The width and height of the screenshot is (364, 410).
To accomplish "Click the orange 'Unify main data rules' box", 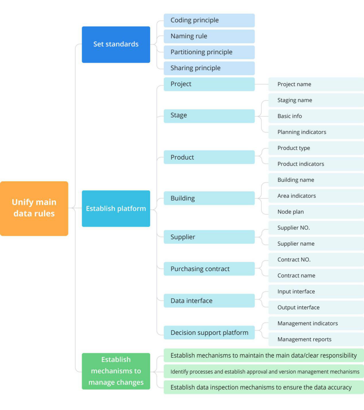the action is point(34,209).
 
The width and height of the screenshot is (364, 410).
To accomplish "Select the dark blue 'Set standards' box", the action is point(116,45).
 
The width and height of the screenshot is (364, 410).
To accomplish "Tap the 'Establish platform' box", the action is point(116,209).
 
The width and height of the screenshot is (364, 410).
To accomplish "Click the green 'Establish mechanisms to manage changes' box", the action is point(116,371).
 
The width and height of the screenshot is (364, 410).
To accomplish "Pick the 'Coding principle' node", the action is point(209,20).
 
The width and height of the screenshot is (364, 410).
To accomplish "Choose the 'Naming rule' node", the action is point(209,37).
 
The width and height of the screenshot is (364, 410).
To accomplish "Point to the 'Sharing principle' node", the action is point(209,68).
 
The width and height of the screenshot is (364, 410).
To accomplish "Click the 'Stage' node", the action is point(209,116).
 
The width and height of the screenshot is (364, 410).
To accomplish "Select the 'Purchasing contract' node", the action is point(209,268).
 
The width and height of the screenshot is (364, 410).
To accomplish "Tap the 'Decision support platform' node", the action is point(209,332).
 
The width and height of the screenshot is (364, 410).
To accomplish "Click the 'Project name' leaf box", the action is point(316,84).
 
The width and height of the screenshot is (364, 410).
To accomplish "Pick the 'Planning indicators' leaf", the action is point(316,132).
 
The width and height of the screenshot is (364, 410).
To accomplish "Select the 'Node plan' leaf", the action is point(316,212).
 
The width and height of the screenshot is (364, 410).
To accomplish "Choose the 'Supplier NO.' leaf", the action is point(316,228).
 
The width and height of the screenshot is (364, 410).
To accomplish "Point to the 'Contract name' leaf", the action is point(316,275).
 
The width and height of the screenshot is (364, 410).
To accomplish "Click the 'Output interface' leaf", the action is point(316,307).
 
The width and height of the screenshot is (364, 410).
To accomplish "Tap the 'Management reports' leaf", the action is point(316,340).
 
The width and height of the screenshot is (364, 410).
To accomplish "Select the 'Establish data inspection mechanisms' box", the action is point(264,387).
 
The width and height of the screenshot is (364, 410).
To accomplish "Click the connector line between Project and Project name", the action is point(262,84).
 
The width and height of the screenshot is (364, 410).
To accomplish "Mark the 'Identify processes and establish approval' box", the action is point(264,371).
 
